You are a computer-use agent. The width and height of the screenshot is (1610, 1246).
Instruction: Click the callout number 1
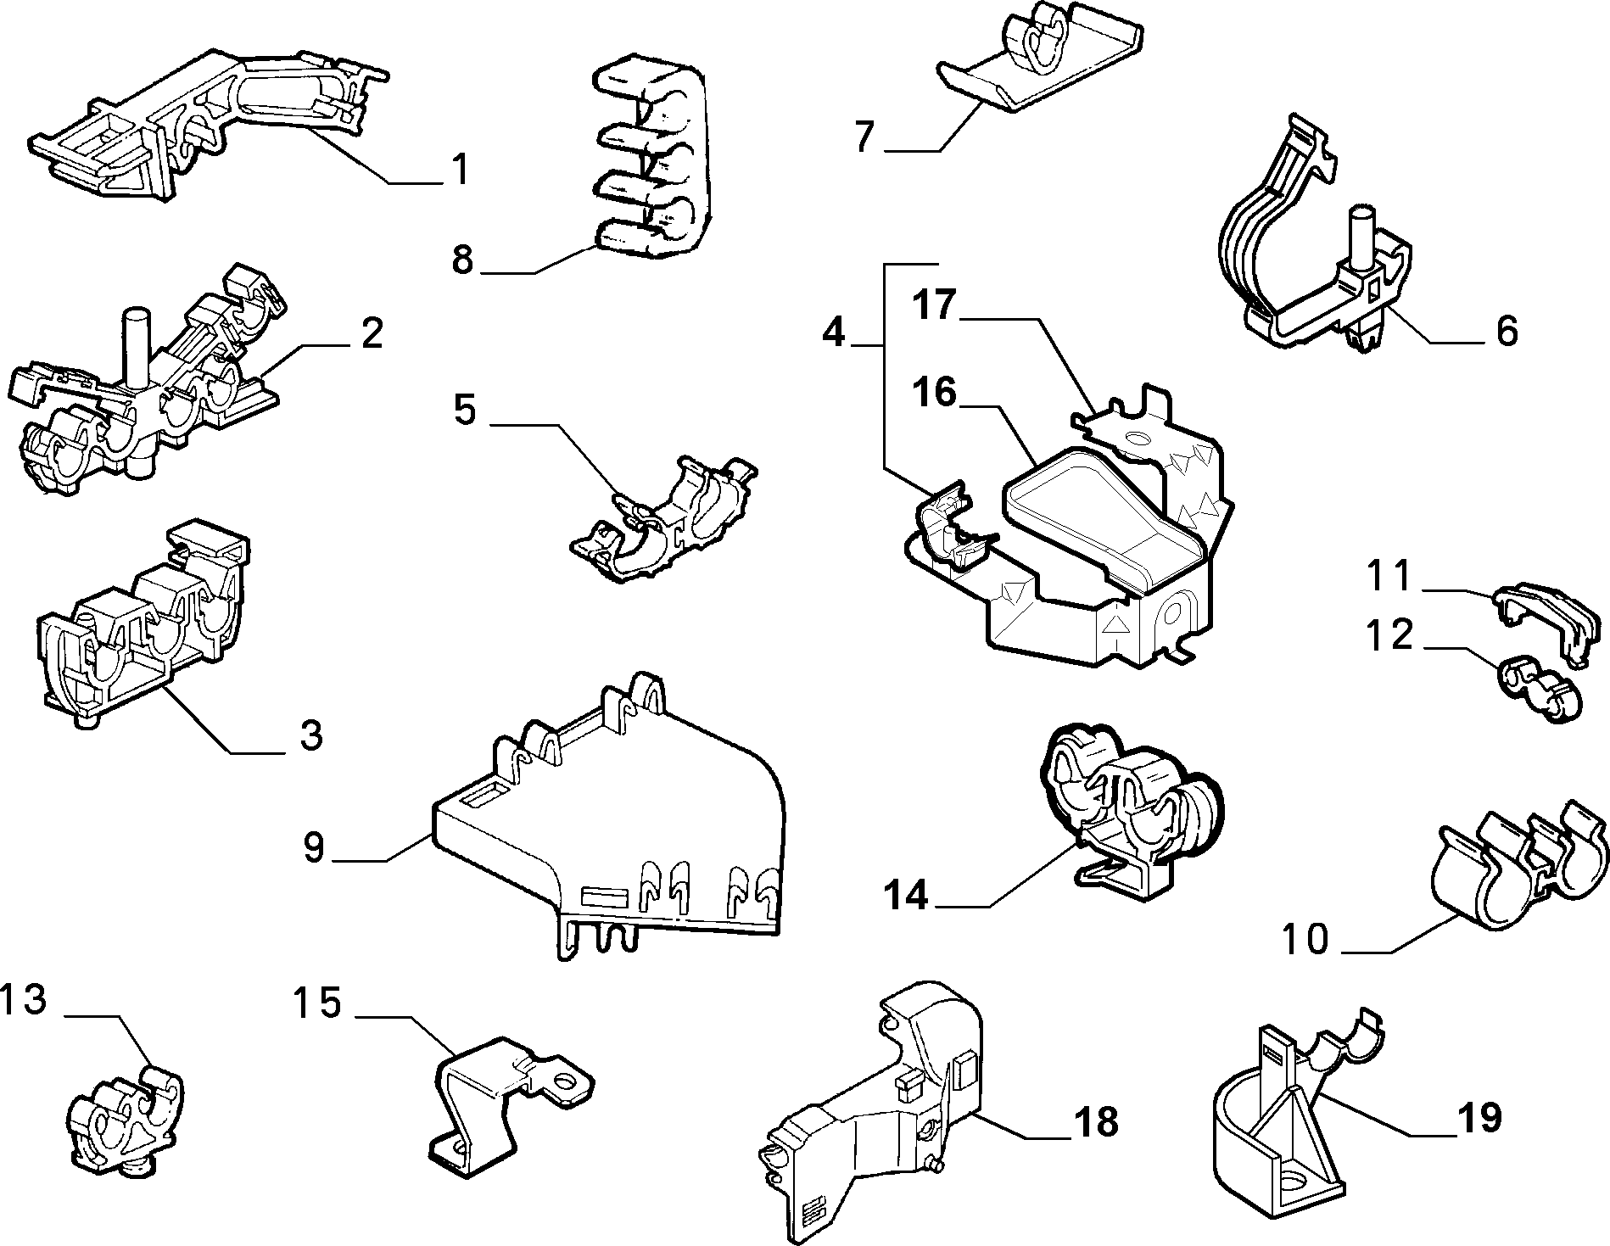pos(459,170)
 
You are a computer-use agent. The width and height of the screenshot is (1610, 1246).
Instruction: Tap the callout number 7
pos(864,137)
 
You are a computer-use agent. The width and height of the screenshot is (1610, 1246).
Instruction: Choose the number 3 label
pos(311,735)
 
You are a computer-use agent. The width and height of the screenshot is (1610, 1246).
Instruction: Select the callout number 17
pos(935,305)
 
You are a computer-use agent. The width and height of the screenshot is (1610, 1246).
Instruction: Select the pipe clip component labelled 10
pos(1520,867)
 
